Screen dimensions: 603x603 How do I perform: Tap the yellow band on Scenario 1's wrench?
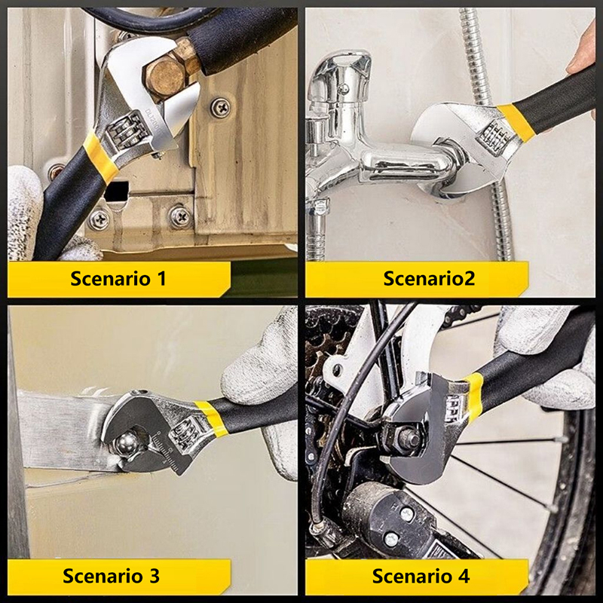100,157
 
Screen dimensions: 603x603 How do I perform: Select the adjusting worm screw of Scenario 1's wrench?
125,130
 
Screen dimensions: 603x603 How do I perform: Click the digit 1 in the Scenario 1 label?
161,278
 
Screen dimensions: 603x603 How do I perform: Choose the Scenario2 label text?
429,278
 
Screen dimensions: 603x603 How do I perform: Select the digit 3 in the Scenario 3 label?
155,576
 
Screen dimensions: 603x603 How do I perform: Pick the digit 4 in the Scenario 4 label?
464,576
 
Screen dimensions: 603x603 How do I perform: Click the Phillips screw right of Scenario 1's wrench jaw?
221,108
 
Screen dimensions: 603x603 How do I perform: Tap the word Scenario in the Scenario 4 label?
412,576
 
